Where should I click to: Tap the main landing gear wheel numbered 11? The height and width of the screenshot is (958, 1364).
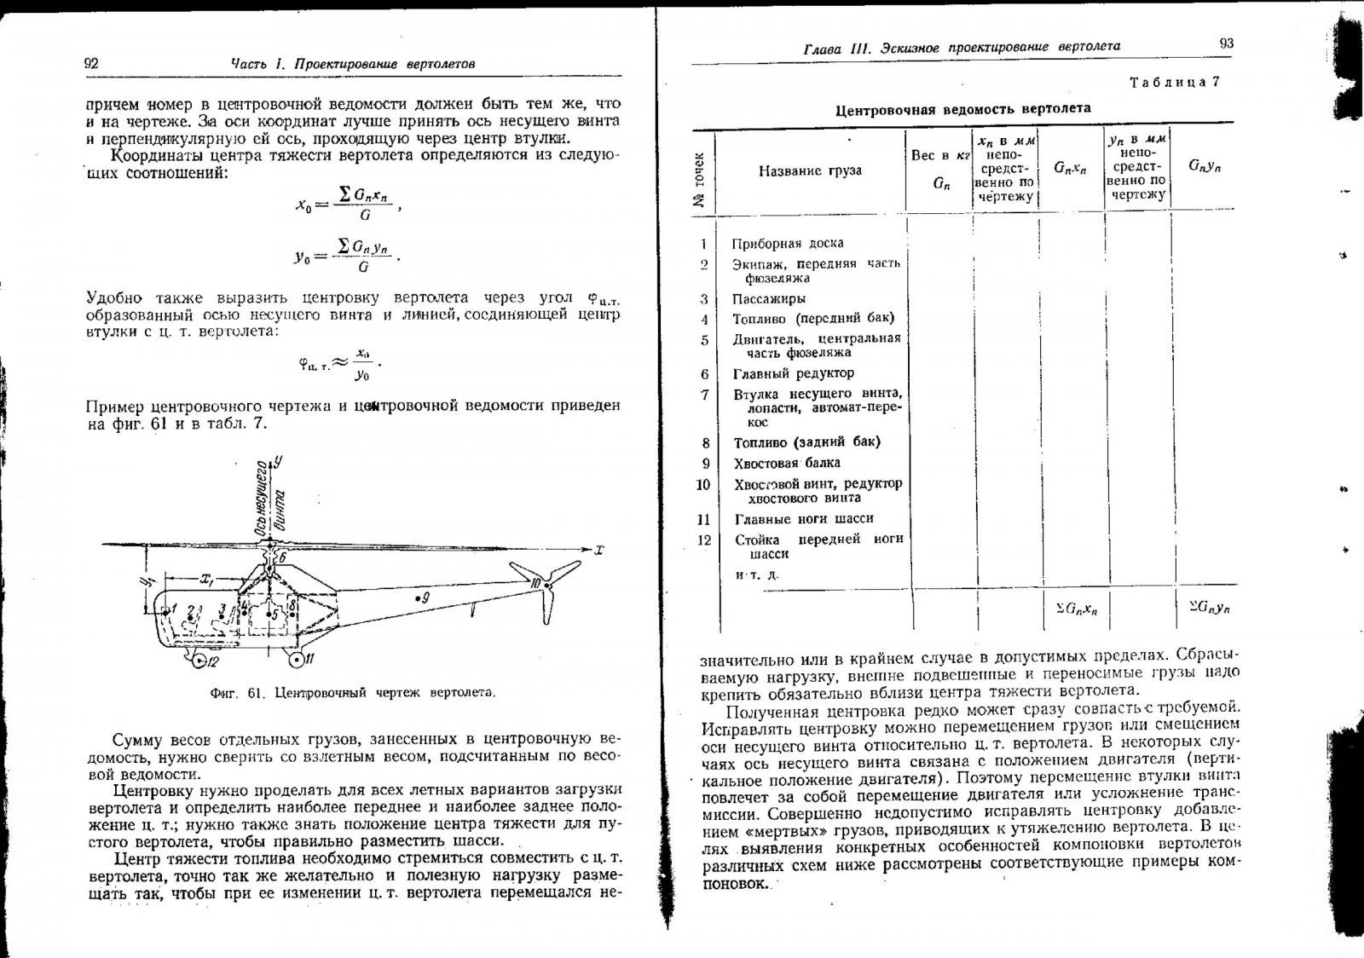coord(296,660)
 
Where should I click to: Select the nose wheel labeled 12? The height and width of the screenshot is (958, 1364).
coord(199,660)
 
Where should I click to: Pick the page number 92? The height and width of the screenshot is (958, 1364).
coord(92,63)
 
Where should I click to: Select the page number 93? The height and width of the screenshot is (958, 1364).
coord(1226,43)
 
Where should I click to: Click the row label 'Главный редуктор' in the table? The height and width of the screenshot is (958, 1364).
coord(793,373)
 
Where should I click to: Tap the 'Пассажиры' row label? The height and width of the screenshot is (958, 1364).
coord(768,298)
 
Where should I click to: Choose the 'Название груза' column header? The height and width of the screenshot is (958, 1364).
coord(809,170)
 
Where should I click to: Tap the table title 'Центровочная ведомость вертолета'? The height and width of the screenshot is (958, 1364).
coord(962,109)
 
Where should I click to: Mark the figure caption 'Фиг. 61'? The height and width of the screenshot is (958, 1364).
coord(352,693)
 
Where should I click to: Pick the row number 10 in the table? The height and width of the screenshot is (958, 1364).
coord(703,484)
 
